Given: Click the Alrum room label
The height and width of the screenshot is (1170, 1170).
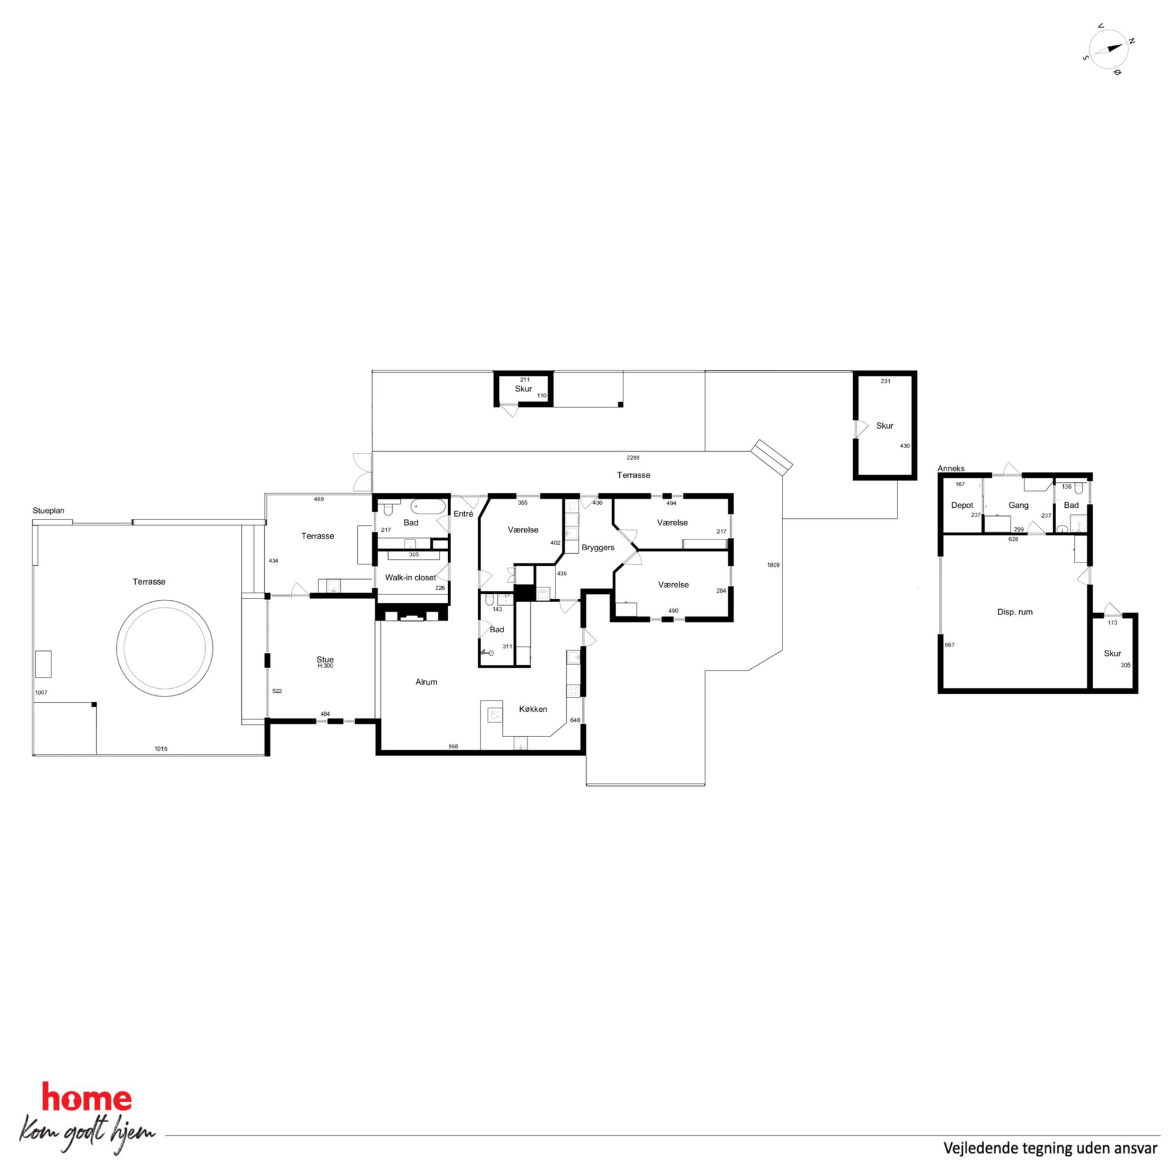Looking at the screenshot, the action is point(426,682).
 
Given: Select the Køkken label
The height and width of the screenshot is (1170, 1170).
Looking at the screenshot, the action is point(533,709).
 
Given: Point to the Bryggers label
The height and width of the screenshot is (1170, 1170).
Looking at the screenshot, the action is point(598,547).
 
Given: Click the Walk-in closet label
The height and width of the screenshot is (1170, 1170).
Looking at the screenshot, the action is point(410,578).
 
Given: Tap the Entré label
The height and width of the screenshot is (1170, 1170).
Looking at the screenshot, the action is point(464,514).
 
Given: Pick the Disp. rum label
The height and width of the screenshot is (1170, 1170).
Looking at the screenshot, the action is point(1015,612).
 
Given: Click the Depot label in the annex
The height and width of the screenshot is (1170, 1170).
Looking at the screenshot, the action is point(962,505).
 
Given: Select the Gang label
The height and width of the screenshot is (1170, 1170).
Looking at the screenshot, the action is point(1018,505).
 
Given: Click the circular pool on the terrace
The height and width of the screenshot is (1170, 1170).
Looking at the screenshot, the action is point(165,648).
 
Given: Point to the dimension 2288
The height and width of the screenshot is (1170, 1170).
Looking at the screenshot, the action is point(633,458).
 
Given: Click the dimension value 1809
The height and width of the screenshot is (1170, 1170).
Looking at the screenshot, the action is point(773,565).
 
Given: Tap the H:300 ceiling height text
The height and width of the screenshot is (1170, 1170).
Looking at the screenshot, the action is point(325,666).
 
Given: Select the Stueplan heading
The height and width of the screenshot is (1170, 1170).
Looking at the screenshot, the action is point(48,511).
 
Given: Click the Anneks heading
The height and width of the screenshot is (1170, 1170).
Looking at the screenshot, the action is point(951,468).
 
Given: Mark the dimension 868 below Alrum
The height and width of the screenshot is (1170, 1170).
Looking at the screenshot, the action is point(453,747).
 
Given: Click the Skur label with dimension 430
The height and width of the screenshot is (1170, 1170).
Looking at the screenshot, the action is point(885,426).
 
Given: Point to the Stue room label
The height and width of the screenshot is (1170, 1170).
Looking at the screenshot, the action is point(325,659).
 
